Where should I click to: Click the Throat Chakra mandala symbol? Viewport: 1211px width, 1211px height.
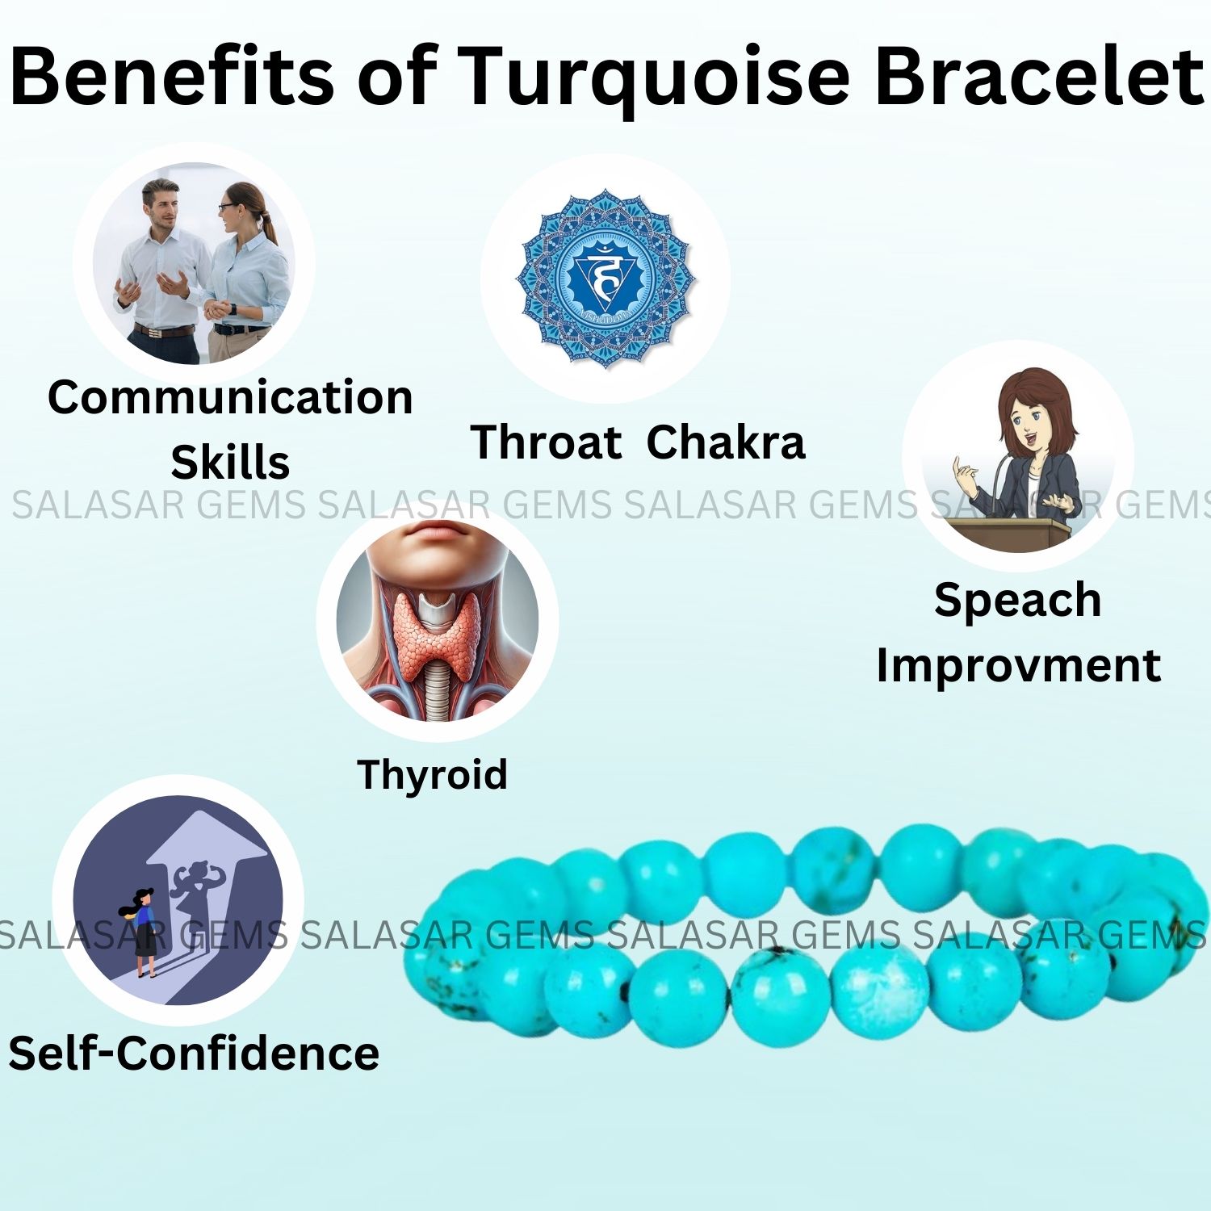605,279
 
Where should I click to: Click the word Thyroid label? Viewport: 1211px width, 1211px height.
432,775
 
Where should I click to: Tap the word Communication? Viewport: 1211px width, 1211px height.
230,397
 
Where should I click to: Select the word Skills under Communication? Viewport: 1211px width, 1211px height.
230,463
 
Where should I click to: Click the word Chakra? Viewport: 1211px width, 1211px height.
726,442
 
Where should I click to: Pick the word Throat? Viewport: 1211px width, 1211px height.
546,442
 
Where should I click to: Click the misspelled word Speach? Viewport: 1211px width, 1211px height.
1018,601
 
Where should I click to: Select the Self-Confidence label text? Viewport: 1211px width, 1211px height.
194,1054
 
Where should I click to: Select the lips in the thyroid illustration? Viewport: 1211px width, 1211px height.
437,530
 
